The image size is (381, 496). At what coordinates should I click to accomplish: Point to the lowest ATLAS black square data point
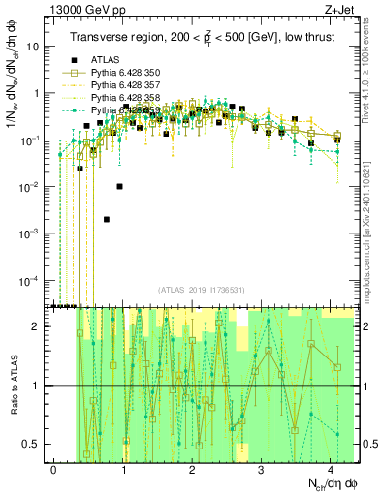[x=107, y=219]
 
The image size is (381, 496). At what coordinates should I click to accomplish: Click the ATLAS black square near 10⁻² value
[x=120, y=186]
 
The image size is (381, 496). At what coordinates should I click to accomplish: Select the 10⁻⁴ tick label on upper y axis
[x=35, y=280]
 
